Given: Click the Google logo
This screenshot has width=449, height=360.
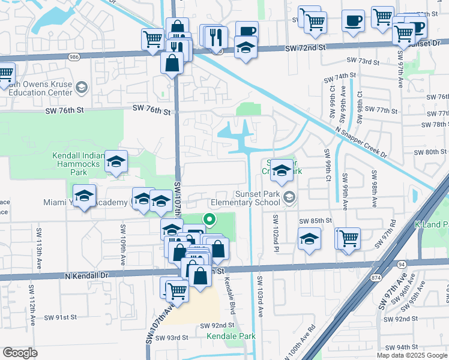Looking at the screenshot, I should pyautogui.click(x=20, y=353).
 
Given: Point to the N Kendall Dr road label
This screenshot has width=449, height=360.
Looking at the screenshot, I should pyautogui.click(x=87, y=275).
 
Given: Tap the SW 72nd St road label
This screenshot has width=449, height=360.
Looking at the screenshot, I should pyautogui.click(x=305, y=47).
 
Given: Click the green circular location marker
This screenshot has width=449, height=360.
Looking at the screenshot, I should pyautogui.click(x=209, y=220).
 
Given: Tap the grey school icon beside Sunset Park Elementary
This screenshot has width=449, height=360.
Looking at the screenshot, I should pyautogui.click(x=290, y=197).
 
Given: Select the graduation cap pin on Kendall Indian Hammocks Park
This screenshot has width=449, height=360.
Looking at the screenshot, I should pyautogui.click(x=116, y=161).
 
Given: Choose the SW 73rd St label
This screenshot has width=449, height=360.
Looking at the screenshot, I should pyautogui.click(x=364, y=61).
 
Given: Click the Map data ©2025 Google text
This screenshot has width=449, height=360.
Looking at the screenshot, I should pyautogui.click(x=412, y=355).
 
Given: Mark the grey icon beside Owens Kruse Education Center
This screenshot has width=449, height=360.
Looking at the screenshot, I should pyautogui.click(x=82, y=88).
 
